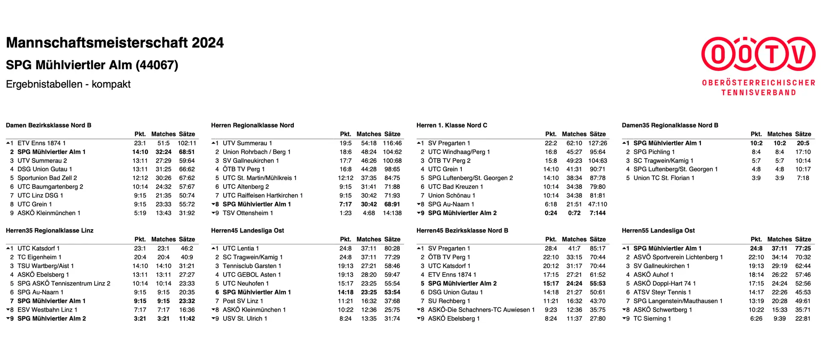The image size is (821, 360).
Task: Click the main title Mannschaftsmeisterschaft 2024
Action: (115, 43)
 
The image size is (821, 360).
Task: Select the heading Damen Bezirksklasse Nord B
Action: (48, 125)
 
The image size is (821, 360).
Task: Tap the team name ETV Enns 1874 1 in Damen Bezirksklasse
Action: (41, 143)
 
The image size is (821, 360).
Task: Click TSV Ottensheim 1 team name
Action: (248, 213)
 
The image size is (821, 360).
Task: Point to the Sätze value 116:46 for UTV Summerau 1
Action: (392, 143)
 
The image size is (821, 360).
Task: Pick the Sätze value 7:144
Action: (597, 213)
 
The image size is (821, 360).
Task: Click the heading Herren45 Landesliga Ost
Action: (247, 230)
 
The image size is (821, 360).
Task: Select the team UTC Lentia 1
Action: (240, 248)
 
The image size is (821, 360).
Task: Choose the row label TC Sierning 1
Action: (652, 319)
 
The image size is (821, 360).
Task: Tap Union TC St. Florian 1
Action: (664, 178)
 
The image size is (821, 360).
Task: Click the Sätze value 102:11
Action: (187, 143)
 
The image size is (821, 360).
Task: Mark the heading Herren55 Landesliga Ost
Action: (658, 230)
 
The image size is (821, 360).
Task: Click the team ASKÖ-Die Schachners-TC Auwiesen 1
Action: (481, 310)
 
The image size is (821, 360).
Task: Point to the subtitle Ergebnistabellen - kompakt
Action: (68, 84)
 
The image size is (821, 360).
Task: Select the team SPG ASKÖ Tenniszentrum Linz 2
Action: (64, 283)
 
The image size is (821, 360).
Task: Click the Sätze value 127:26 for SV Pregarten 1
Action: (597, 143)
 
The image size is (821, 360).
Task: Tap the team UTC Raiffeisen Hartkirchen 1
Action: (263, 195)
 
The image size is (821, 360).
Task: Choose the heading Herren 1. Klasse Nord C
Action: (452, 125)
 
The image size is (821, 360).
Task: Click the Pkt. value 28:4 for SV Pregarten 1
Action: (551, 248)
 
